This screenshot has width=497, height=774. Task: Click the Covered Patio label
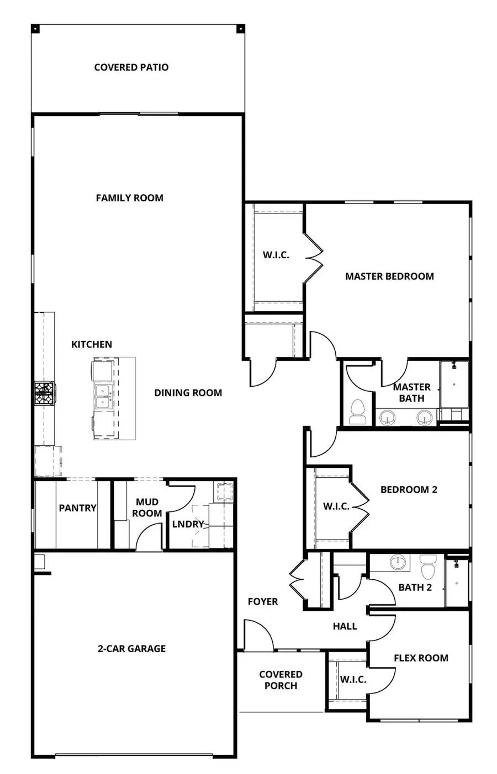[131, 67]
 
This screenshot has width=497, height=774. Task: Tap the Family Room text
[129, 197]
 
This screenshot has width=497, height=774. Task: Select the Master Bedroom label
[389, 276]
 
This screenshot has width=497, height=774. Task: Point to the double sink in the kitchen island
[103, 397]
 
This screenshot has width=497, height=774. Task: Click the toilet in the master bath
[358, 412]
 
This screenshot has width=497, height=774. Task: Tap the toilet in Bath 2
[428, 566]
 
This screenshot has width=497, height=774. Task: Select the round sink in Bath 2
[398, 563]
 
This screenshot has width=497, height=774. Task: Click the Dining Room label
[188, 393]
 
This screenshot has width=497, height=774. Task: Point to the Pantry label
[77, 508]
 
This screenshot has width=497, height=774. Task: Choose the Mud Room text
[147, 508]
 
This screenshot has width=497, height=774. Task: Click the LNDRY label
[188, 524]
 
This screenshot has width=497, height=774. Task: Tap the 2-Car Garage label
[131, 649]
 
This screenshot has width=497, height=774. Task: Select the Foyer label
[263, 601]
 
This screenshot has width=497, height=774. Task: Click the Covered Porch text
[281, 680]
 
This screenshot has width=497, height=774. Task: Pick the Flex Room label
[421, 658]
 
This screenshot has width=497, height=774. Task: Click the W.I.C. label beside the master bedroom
[276, 255]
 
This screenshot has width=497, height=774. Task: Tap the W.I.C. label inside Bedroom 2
[336, 506]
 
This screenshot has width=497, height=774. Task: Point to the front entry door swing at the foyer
[257, 634]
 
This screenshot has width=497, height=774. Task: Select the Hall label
[345, 626]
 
